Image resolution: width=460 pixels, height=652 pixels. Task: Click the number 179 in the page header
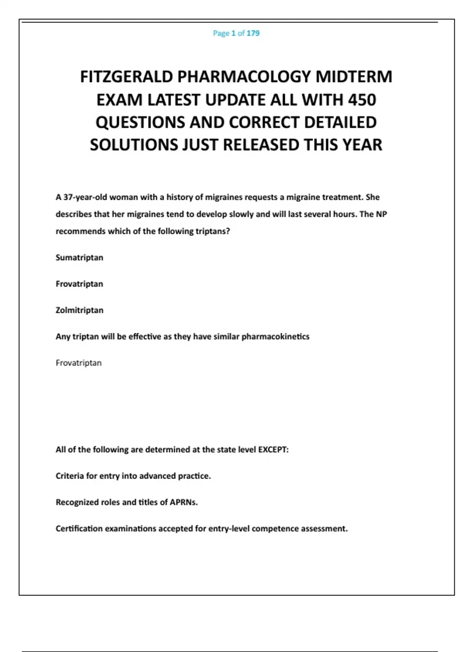(x=253, y=33)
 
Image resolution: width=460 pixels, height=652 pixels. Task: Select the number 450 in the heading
(x=362, y=100)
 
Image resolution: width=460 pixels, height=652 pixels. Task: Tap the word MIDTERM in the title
(x=354, y=77)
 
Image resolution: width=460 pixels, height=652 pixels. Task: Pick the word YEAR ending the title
(x=362, y=145)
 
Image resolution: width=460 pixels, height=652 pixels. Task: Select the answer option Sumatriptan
(x=79, y=257)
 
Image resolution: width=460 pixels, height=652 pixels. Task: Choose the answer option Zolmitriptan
(x=79, y=310)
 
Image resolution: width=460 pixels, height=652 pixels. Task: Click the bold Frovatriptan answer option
(x=79, y=284)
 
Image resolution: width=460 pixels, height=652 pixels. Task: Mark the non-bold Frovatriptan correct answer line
(x=79, y=363)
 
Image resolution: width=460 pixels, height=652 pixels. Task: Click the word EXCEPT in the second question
(x=273, y=449)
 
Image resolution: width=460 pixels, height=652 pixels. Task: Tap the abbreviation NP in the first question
(x=381, y=214)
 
